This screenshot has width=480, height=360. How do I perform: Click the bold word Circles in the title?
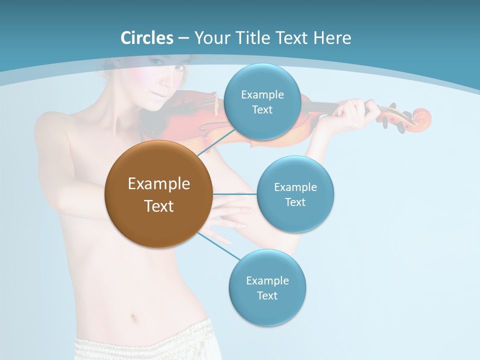[147, 38]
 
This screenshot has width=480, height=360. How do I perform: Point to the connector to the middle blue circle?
[234, 193]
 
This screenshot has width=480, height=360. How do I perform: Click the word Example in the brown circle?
[159, 184]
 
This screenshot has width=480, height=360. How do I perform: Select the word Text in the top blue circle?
[262, 110]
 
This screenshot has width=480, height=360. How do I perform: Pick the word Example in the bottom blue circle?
[267, 280]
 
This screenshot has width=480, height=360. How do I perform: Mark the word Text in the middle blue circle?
[295, 202]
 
